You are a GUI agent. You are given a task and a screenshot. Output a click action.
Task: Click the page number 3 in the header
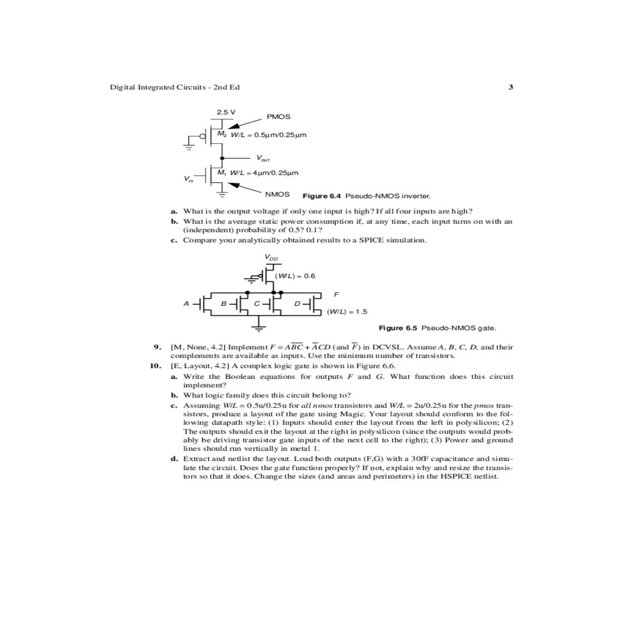click(511, 87)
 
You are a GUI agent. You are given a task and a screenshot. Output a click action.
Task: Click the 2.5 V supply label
click(226, 112)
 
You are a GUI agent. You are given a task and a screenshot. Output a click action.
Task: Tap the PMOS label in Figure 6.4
click(278, 116)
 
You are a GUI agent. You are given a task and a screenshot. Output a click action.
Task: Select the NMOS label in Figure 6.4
click(277, 194)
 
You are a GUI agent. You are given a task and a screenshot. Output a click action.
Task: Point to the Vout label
click(263, 158)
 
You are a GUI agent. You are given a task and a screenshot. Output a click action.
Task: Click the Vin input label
click(188, 179)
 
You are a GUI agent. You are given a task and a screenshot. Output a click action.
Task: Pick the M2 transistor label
click(222, 134)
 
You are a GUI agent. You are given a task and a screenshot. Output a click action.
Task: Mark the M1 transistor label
click(222, 172)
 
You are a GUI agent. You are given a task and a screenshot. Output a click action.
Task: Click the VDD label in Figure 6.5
click(271, 257)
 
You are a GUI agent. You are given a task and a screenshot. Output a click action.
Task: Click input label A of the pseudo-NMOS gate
click(186, 303)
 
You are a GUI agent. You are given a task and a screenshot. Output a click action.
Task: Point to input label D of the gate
click(297, 303)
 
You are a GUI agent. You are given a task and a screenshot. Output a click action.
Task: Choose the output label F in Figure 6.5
click(336, 294)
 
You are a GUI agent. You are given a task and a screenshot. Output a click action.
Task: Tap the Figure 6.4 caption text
click(367, 196)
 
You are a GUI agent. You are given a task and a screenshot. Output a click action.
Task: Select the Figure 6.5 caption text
click(437, 328)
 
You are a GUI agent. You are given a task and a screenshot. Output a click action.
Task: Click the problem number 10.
click(155, 365)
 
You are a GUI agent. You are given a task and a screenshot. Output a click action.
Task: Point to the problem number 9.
click(156, 347)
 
